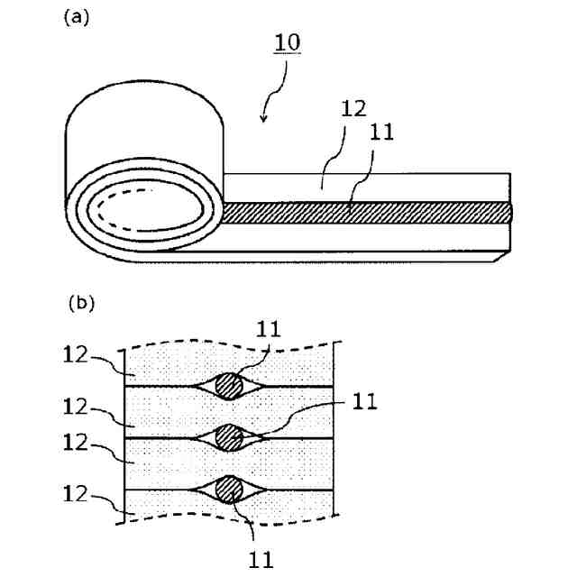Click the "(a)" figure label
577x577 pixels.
[x=76, y=18]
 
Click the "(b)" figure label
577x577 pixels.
[x=82, y=304]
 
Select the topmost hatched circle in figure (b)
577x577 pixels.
[x=231, y=386]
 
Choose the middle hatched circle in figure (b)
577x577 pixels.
[x=231, y=437]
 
